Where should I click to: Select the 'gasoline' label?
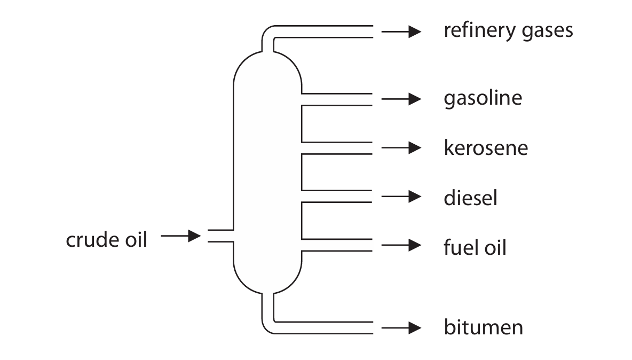[483, 99]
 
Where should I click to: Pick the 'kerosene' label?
[485, 147]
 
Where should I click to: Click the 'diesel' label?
[470, 198]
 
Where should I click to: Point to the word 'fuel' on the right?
[457, 247]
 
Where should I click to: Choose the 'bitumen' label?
[483, 327]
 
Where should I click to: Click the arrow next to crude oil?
[180, 236]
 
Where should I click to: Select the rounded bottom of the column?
[267, 278]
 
